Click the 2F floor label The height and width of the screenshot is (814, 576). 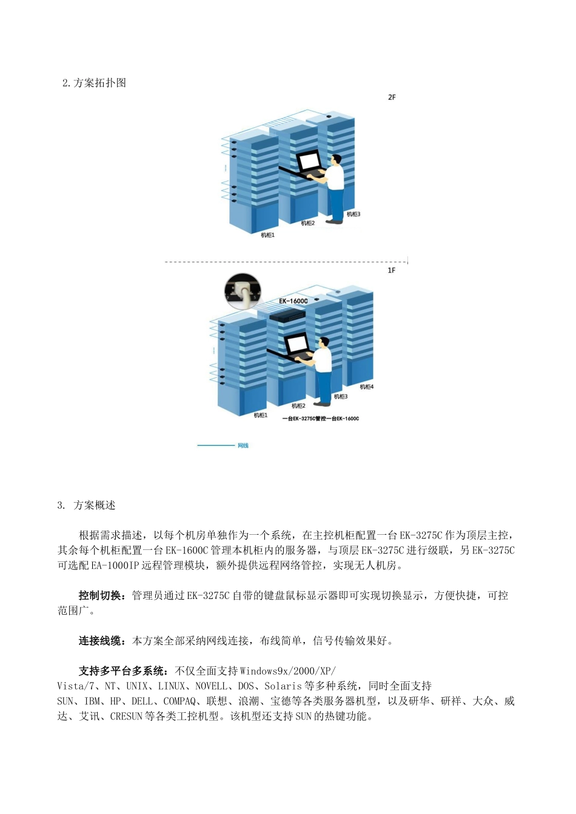(392, 97)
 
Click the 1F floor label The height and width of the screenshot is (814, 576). (392, 270)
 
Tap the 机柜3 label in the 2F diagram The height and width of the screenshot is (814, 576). (353, 214)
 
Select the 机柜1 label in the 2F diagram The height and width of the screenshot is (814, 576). (267, 235)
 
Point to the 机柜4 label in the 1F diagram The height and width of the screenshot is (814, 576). (367, 387)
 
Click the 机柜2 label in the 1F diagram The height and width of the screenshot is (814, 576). (298, 406)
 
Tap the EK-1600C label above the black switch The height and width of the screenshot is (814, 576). (293, 301)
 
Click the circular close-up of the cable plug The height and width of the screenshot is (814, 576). (243, 291)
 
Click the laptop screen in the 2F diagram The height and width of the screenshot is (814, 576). (309, 161)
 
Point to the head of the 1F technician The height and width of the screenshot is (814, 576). (324, 343)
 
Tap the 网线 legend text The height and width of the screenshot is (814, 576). (243, 446)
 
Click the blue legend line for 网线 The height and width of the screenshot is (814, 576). (215, 446)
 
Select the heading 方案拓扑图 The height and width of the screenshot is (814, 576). (99, 83)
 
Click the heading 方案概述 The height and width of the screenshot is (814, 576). (95, 505)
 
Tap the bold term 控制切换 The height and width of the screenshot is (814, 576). (100, 595)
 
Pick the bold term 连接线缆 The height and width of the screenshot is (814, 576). (100, 641)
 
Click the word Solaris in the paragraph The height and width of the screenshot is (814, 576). (283, 686)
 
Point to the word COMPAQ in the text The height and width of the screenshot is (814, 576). (179, 701)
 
